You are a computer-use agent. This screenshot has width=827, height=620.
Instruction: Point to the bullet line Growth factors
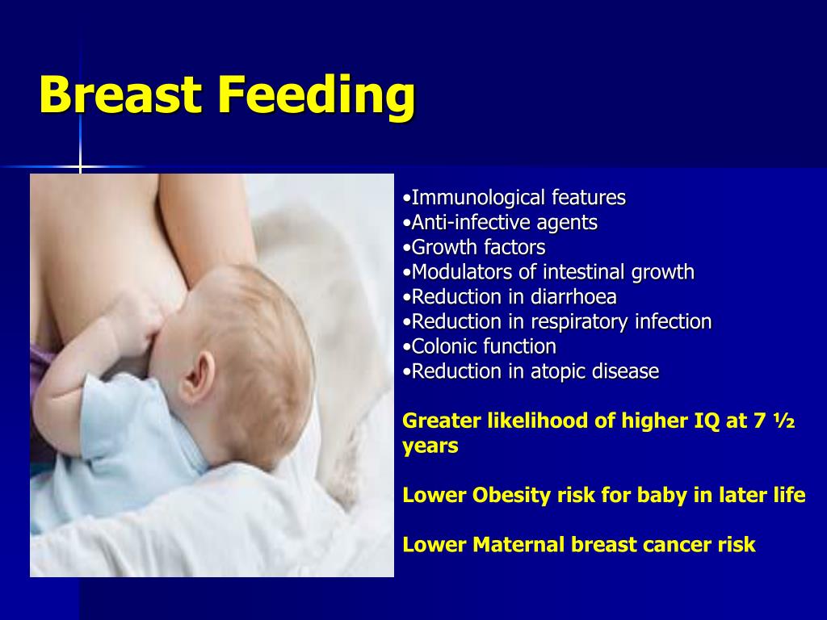tap(473, 247)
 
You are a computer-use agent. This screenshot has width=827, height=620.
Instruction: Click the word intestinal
tap(584, 272)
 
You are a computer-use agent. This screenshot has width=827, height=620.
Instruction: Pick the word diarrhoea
tap(573, 297)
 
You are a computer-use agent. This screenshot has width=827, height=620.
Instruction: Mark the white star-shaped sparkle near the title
tap(80, 166)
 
